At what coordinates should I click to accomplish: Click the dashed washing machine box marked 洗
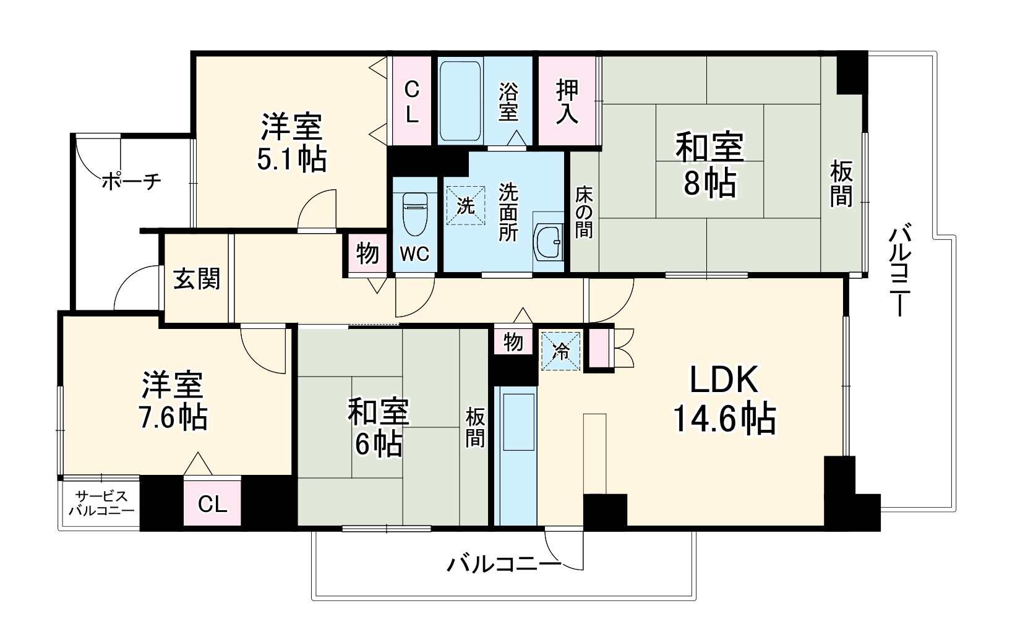point(465,205)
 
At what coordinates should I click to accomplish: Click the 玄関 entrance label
point(196,279)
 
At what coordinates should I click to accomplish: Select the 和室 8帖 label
point(709,165)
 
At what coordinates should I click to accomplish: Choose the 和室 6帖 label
point(379,428)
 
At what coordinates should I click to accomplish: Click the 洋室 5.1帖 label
point(291,143)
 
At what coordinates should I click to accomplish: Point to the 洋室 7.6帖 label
point(173,401)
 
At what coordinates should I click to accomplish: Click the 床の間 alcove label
point(583,212)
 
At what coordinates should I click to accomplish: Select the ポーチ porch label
point(131,182)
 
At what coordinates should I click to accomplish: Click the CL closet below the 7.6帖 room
point(212,504)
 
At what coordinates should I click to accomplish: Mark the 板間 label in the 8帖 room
point(841,183)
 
